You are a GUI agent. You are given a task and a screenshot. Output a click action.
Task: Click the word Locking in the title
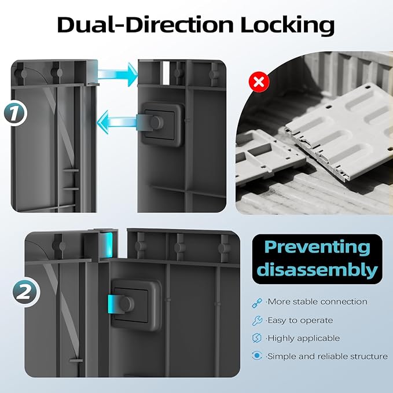(287, 25)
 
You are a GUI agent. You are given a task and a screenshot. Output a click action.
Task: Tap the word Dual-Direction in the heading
(145, 24)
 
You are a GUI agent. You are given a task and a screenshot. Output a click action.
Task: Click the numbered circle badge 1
(16, 113)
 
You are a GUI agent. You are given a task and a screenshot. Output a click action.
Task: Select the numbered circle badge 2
(26, 292)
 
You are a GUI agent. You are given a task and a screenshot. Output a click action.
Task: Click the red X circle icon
(259, 82)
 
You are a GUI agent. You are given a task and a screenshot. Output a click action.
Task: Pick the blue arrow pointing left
(117, 122)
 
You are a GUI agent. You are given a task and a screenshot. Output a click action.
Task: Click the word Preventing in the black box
(317, 248)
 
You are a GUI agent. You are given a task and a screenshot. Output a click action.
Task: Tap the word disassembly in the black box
(317, 269)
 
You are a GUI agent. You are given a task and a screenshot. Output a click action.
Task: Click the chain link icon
(257, 303)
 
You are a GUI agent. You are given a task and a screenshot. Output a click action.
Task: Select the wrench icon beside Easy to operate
(257, 321)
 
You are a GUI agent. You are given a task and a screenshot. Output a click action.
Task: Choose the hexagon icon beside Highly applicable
(257, 338)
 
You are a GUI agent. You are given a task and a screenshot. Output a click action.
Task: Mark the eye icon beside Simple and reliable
(257, 355)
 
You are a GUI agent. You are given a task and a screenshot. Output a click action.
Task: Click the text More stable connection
(317, 302)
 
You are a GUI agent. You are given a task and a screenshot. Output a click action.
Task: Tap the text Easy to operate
(299, 320)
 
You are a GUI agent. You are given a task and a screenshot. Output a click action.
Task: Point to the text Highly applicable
(303, 339)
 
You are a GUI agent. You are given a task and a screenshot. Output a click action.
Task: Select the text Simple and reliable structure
(327, 356)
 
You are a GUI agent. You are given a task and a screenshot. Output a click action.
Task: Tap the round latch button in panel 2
(127, 303)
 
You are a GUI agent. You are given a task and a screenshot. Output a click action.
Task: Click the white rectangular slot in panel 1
(166, 73)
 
